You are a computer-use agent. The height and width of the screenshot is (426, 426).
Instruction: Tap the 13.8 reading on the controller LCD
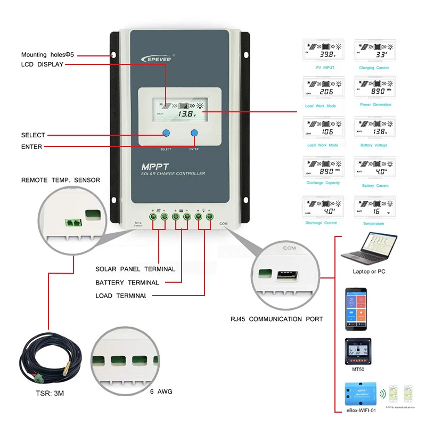pos(186,114)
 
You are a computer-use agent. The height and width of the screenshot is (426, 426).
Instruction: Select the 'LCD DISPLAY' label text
pos(42,64)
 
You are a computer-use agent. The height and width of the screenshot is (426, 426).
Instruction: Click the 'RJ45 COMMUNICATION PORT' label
pos(276,319)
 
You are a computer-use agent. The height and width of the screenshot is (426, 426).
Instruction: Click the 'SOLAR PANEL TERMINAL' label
pos(135,269)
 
